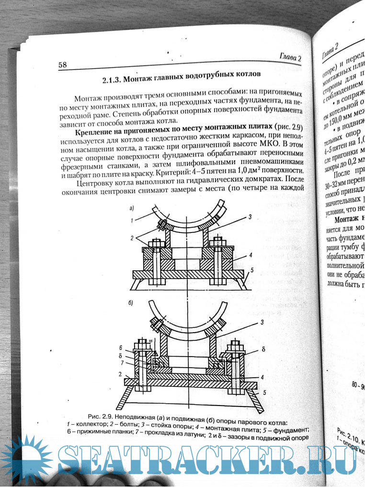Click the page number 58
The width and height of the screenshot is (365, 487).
pyautogui.click(x=63, y=65)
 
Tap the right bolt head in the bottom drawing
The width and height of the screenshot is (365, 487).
pyautogui.click(x=236, y=344)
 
